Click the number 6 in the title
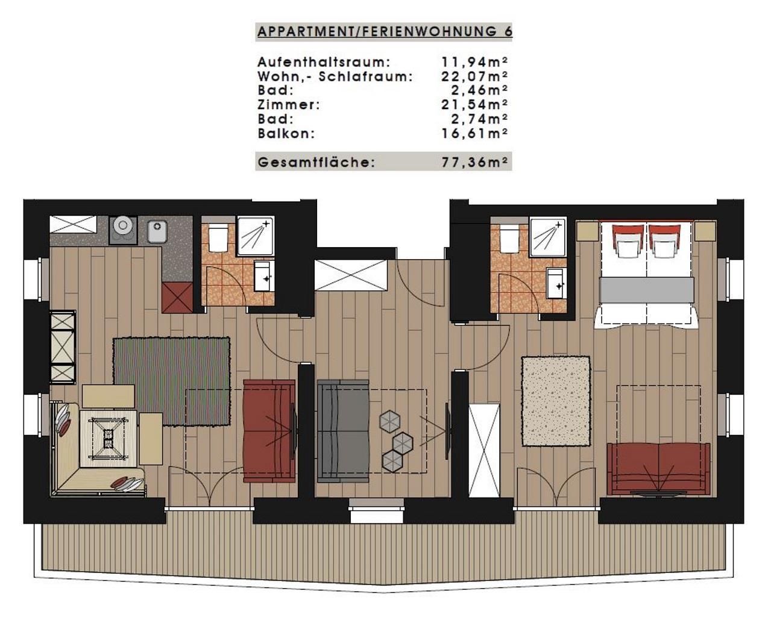(508, 31)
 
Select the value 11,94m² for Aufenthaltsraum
(474, 62)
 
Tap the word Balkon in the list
(285, 134)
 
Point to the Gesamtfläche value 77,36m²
(474, 162)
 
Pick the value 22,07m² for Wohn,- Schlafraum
(474, 76)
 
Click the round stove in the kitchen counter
(123, 230)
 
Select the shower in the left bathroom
(256, 236)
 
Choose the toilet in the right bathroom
(509, 238)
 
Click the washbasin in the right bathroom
(556, 283)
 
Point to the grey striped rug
(172, 381)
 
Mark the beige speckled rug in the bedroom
(556, 401)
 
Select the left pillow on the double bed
(629, 242)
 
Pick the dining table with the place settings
(109, 439)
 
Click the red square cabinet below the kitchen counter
(177, 298)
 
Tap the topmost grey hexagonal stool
(390, 422)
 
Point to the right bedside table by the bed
(705, 231)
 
